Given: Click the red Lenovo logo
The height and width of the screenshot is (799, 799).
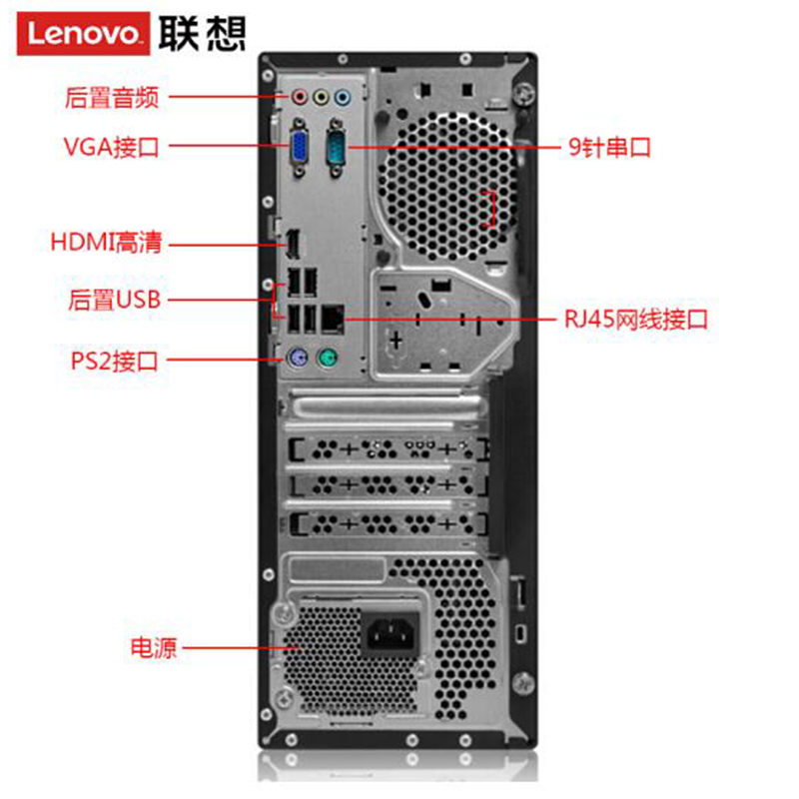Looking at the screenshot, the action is point(83,33).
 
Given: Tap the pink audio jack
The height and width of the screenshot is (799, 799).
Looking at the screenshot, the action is point(300,96).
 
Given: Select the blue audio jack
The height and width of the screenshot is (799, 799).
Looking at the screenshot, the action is point(343,96).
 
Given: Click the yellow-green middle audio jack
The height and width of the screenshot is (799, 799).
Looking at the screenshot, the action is point(321,96).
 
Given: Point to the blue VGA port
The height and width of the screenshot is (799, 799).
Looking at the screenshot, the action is point(299,148).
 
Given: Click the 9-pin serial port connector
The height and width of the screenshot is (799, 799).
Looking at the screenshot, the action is point(336,148).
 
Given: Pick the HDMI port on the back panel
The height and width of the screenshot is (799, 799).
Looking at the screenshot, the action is point(293,244).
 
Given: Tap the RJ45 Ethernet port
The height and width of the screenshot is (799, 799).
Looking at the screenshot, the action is point(334,319).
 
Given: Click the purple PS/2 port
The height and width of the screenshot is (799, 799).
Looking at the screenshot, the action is point(297,359).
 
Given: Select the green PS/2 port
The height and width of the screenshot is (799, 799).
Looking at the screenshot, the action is point(328,359).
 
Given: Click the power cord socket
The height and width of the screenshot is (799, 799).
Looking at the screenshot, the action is point(390,633).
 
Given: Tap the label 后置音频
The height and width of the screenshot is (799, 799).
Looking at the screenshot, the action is point(112,97).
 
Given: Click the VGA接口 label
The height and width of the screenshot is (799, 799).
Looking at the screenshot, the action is point(112,147).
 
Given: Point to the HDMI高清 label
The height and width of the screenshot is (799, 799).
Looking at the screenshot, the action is point(106,242).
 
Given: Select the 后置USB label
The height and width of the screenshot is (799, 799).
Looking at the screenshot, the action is point(115,300).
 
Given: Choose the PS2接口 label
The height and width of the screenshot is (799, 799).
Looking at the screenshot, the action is point(114,361).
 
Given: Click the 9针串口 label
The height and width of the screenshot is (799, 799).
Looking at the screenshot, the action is point(609,147).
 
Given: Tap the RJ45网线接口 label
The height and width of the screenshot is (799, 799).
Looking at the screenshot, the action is point(636,320).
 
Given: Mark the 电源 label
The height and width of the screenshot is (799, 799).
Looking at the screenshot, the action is point(154,647).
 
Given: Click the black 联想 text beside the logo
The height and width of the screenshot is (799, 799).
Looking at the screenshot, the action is point(203,33).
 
